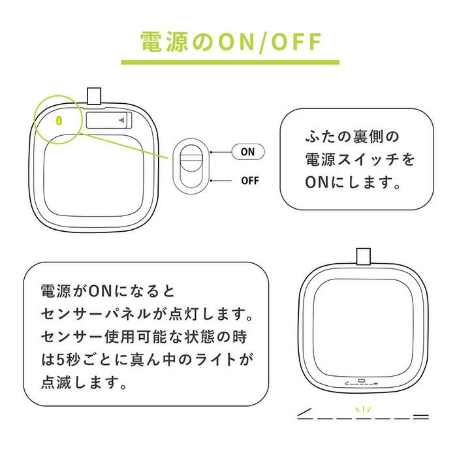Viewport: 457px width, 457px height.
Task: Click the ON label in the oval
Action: (x=247, y=152)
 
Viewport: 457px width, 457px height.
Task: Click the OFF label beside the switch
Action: (x=250, y=181)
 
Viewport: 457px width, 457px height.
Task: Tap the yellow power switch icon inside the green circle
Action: (x=59, y=120)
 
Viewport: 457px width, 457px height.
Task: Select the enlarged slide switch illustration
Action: (x=191, y=166)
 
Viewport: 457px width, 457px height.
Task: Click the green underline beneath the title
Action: (x=230, y=62)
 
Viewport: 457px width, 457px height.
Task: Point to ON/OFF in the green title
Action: (x=270, y=42)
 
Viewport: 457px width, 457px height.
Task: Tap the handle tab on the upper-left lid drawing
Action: (x=94, y=95)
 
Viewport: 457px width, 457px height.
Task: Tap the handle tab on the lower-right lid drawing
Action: (x=364, y=256)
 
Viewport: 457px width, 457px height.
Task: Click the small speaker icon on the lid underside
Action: (x=122, y=120)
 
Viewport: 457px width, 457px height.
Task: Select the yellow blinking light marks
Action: (x=363, y=409)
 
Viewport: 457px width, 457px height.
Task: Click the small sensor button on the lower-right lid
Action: (x=362, y=381)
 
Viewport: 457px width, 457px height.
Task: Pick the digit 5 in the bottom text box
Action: (x=60, y=360)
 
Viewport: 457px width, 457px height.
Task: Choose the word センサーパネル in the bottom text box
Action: (x=95, y=314)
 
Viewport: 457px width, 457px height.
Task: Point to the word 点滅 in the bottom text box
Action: (x=56, y=383)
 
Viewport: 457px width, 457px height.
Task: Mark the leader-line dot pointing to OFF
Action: (x=211, y=181)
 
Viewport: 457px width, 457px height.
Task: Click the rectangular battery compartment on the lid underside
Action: (x=109, y=120)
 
